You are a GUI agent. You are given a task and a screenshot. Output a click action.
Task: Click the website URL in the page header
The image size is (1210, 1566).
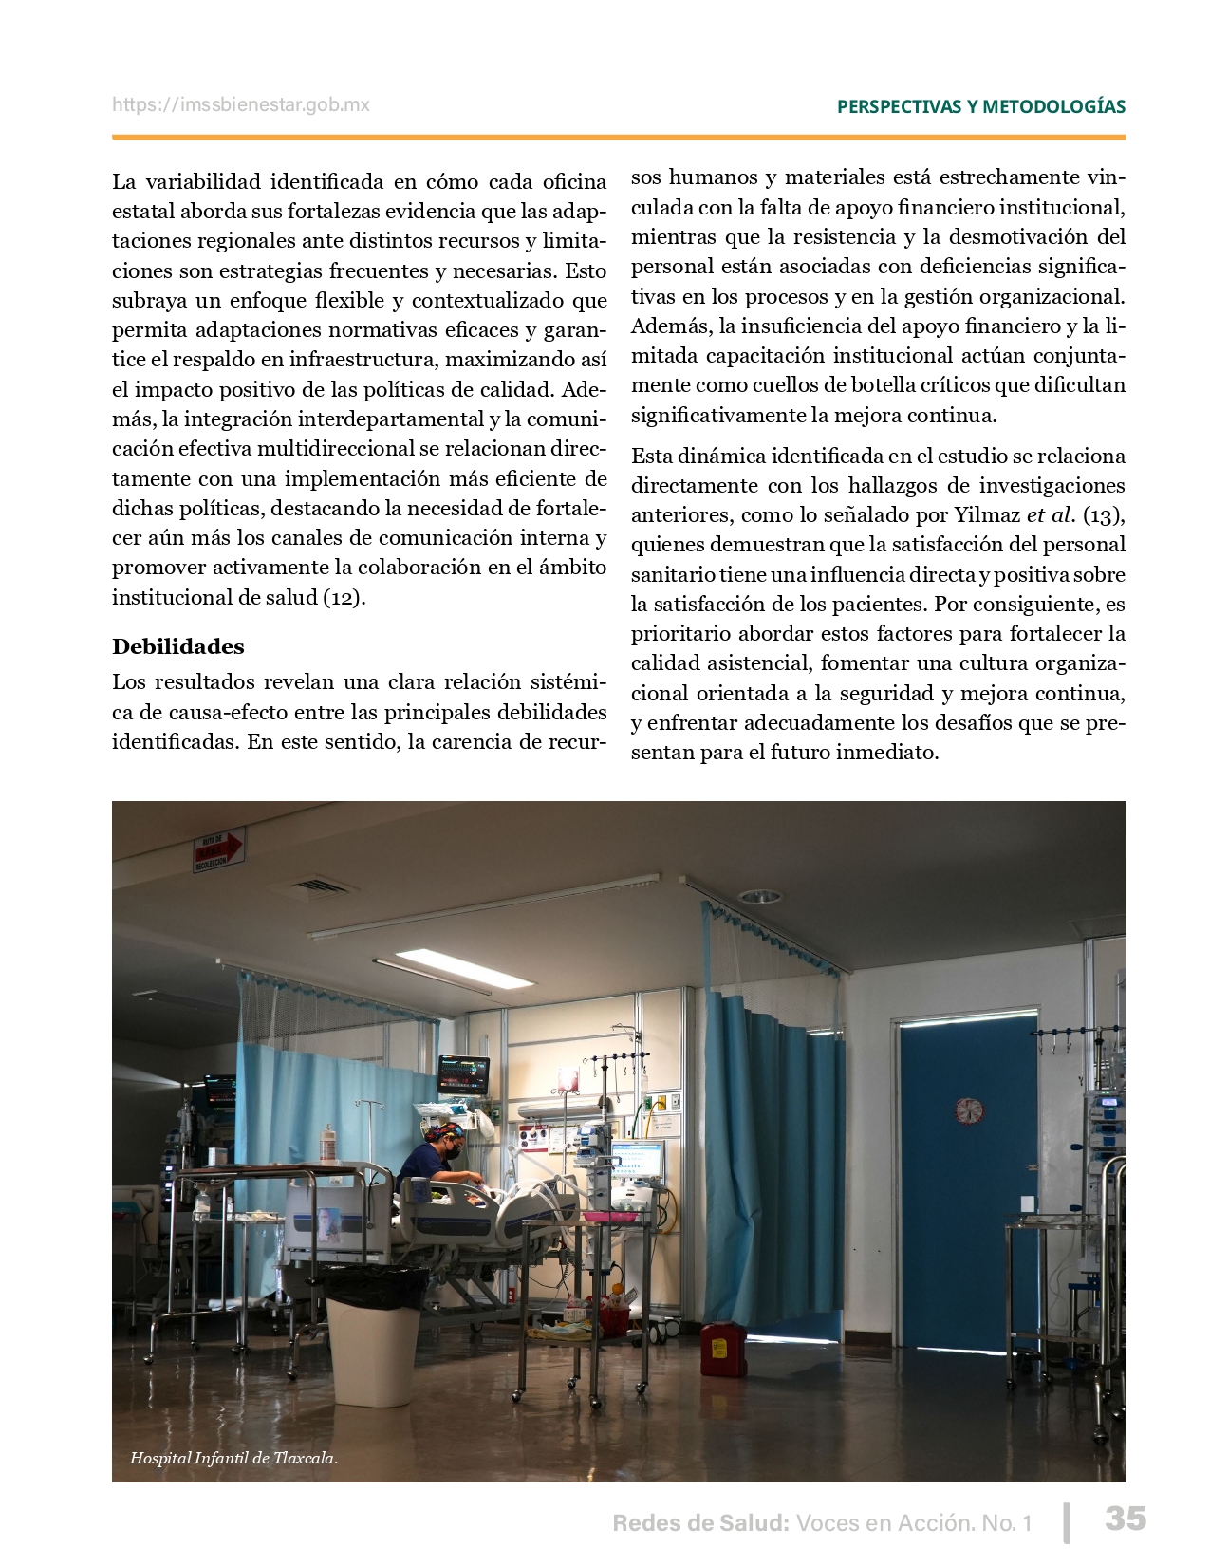(x=241, y=105)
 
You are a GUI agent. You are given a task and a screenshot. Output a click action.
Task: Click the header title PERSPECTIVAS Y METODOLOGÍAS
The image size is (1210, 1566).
(x=981, y=106)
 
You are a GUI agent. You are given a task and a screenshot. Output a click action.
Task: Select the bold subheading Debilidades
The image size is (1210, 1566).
(x=178, y=646)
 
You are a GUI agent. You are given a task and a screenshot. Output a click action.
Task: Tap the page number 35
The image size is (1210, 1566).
(x=1125, y=1519)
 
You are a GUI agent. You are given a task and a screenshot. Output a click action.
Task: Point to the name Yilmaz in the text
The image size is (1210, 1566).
(x=991, y=515)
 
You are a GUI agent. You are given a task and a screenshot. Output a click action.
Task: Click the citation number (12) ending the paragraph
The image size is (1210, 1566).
(x=344, y=598)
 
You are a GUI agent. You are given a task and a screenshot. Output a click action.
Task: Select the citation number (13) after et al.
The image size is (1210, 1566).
(x=1103, y=515)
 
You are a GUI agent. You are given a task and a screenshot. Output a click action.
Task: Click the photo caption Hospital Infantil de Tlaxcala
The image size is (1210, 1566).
(x=233, y=1458)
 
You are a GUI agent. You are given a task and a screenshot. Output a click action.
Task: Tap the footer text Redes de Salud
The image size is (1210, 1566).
(x=700, y=1523)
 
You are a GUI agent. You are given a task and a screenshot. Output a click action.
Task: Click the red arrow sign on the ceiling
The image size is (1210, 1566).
(x=219, y=849)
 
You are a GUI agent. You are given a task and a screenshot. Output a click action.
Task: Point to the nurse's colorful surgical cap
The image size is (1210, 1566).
(x=444, y=1131)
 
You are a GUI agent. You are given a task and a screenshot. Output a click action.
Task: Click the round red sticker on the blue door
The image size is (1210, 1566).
(x=969, y=1110)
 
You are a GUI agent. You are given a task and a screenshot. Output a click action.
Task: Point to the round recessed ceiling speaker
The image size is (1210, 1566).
(x=759, y=897)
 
